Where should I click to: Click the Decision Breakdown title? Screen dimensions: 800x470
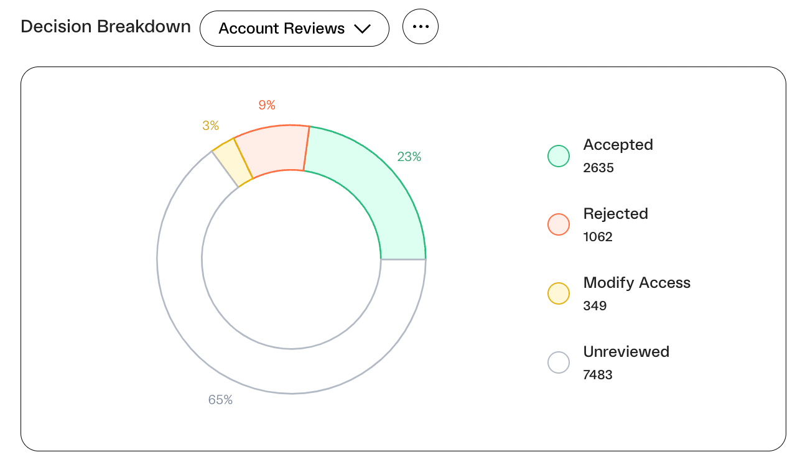click(106, 27)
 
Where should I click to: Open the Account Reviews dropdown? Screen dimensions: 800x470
click(294, 29)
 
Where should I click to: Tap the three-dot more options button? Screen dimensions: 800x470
click(421, 26)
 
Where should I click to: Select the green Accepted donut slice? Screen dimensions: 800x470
click(371, 185)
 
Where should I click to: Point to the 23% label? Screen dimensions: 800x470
click(409, 157)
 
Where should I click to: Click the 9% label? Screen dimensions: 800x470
click(267, 105)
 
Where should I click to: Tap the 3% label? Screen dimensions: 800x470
click(210, 126)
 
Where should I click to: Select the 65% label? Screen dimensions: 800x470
click(220, 400)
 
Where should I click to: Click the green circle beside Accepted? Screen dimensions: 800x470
click(559, 156)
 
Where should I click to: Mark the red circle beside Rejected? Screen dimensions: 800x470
click(559, 224)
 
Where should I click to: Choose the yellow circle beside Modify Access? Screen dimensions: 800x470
click(559, 293)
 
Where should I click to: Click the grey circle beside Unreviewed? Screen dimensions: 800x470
click(559, 362)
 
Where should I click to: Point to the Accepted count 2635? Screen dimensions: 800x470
click(598, 168)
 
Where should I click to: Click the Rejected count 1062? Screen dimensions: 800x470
click(597, 237)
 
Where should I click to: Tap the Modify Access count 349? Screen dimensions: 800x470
click(595, 305)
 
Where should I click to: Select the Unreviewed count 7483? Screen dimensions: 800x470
click(597, 375)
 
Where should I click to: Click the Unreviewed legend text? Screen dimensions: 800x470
click(626, 352)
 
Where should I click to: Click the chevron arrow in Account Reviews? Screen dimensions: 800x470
click(363, 29)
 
